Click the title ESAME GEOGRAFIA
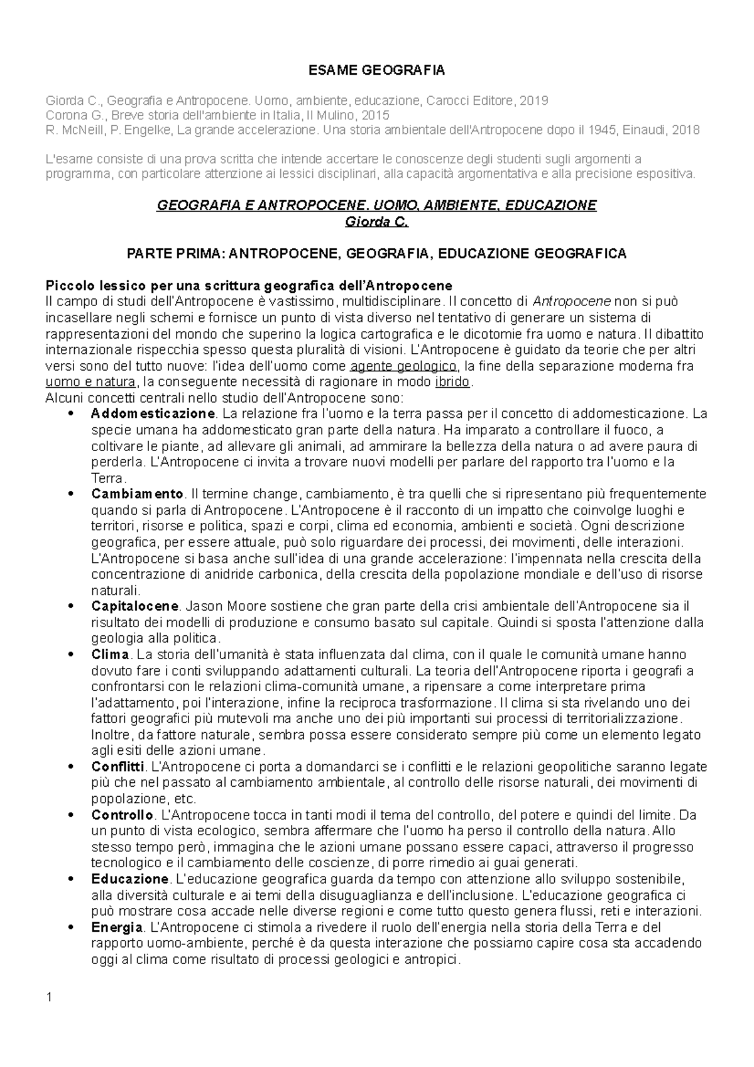coord(376,70)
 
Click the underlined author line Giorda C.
coord(376,222)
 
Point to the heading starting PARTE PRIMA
coord(376,254)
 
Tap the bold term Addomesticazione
coord(153,414)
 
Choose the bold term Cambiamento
coord(138,494)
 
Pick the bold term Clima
coord(110,655)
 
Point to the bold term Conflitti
coord(118,767)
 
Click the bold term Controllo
coord(123,815)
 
